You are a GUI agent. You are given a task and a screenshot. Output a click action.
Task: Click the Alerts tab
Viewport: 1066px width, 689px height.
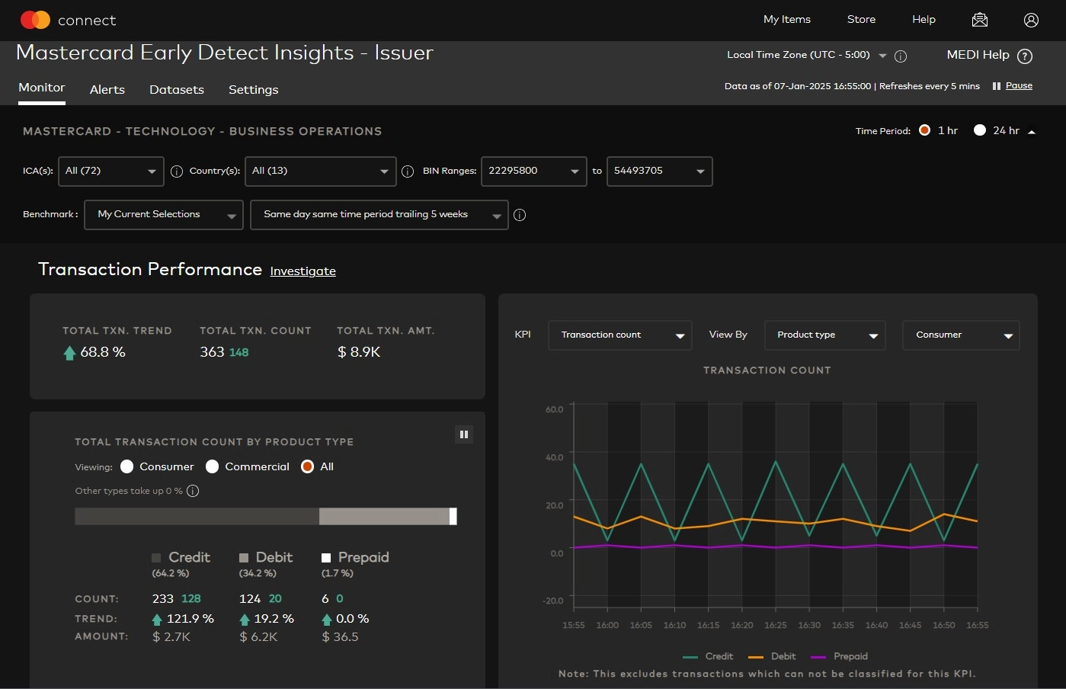(x=107, y=90)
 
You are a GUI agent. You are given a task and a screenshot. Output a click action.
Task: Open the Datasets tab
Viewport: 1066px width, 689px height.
(x=176, y=90)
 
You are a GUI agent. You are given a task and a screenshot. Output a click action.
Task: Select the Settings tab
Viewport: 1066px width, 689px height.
(x=253, y=90)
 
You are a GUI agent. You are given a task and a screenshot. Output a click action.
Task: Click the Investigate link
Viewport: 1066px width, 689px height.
(x=303, y=271)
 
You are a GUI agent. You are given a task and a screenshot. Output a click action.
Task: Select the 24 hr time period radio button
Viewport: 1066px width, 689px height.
(x=980, y=130)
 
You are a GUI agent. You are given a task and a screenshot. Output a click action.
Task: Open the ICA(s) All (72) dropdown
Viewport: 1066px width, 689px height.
(x=110, y=171)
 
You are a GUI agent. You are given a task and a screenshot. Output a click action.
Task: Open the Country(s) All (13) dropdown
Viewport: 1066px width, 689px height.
(x=320, y=171)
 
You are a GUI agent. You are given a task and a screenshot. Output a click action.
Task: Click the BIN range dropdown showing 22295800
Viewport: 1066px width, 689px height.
(x=533, y=171)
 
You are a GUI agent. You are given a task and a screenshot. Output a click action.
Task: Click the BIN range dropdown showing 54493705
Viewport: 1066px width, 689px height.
(x=659, y=171)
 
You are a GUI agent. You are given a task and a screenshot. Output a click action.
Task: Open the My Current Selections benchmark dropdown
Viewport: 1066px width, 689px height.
(x=163, y=215)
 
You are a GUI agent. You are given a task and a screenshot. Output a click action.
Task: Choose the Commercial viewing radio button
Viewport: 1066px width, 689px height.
(x=213, y=466)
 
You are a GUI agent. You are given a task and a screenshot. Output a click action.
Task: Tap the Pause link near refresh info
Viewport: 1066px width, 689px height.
(x=1019, y=85)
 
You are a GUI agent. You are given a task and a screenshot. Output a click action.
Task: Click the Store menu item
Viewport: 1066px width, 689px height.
(x=861, y=20)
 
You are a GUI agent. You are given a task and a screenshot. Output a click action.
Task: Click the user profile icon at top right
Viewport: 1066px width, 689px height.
(x=1031, y=21)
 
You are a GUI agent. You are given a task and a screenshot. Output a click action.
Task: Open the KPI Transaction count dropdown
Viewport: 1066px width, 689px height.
(x=619, y=335)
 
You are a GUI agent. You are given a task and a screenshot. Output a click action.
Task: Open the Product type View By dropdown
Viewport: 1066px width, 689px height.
(x=824, y=335)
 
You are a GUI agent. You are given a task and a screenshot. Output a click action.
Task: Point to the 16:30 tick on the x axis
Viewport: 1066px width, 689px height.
(x=809, y=625)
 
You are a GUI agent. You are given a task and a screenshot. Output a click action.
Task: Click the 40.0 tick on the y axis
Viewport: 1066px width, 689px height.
(x=554, y=457)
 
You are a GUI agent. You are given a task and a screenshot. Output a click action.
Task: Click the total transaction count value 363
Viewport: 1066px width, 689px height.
(x=212, y=352)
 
